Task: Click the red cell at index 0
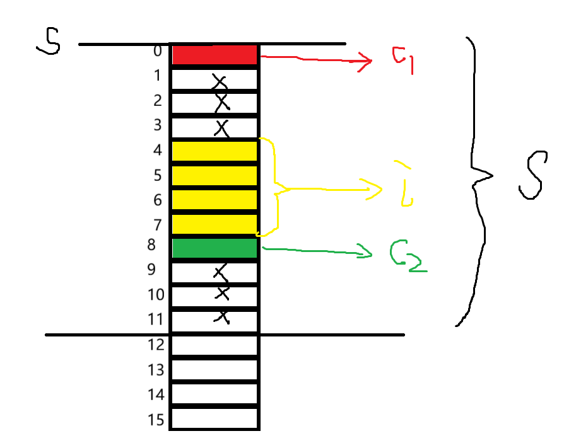tap(214, 55)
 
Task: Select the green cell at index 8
tap(214, 248)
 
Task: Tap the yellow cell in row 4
tap(214, 151)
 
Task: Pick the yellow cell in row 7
tap(214, 224)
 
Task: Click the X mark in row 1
tap(220, 81)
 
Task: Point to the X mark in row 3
tap(221, 129)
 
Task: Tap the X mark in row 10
tap(221, 293)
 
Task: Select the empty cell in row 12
tap(214, 345)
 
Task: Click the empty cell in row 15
tap(214, 418)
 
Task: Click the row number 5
tap(157, 175)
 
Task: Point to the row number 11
tap(156, 319)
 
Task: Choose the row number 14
tap(156, 394)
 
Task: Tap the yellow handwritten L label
tap(404, 184)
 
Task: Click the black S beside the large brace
tap(532, 175)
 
